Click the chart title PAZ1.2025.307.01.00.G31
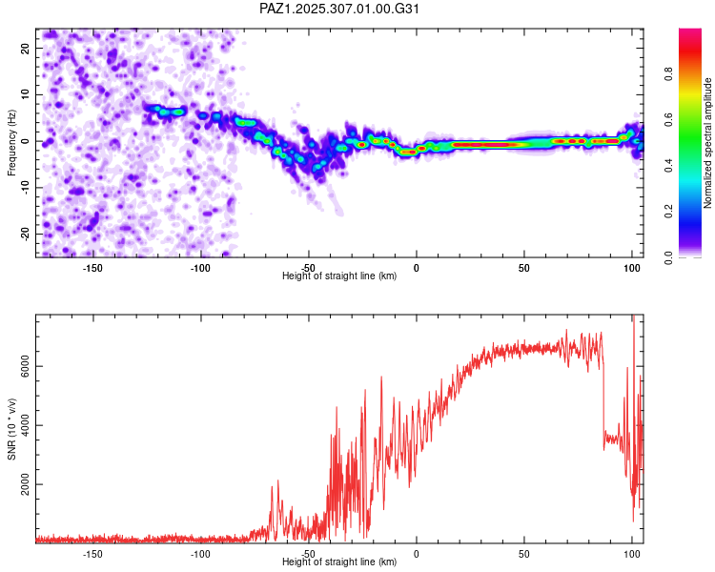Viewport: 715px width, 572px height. point(340,9)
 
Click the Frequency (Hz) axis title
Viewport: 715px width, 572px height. point(11,142)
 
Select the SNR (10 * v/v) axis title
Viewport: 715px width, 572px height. point(11,428)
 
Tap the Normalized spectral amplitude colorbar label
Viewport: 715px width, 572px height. point(708,142)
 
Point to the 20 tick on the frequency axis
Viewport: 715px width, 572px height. point(26,48)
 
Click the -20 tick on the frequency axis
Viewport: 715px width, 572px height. point(26,234)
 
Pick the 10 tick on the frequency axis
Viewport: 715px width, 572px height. point(26,94)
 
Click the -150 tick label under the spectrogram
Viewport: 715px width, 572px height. point(92,268)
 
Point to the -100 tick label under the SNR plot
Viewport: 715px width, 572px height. point(200,554)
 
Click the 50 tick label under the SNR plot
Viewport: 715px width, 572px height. point(524,554)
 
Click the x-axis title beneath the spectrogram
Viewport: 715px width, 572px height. point(339,276)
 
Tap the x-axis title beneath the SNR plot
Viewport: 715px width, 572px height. point(339,562)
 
